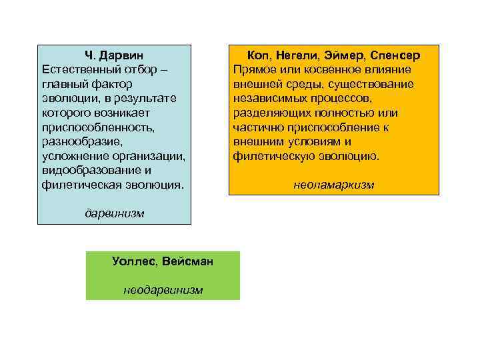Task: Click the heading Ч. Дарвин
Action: (114, 55)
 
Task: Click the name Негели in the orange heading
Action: (303, 55)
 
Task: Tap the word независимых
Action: (271, 98)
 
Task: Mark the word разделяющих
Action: (270, 113)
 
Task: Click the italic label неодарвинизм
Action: (163, 290)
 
